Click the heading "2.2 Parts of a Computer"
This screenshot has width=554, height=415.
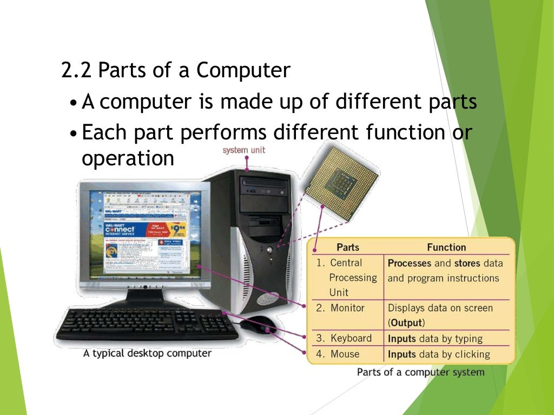[x=176, y=71]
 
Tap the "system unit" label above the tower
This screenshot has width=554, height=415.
[x=244, y=150]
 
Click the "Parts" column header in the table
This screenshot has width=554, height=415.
[x=348, y=247]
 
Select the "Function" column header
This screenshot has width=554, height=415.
[x=446, y=247]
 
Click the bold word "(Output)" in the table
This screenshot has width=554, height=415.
[x=406, y=323]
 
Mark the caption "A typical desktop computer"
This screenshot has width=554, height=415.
[x=147, y=354]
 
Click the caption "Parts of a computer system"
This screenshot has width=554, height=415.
[x=420, y=372]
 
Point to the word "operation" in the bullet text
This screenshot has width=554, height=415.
[x=128, y=158]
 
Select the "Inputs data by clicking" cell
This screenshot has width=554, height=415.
[x=439, y=354]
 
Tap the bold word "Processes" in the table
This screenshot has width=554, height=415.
[x=410, y=263]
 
